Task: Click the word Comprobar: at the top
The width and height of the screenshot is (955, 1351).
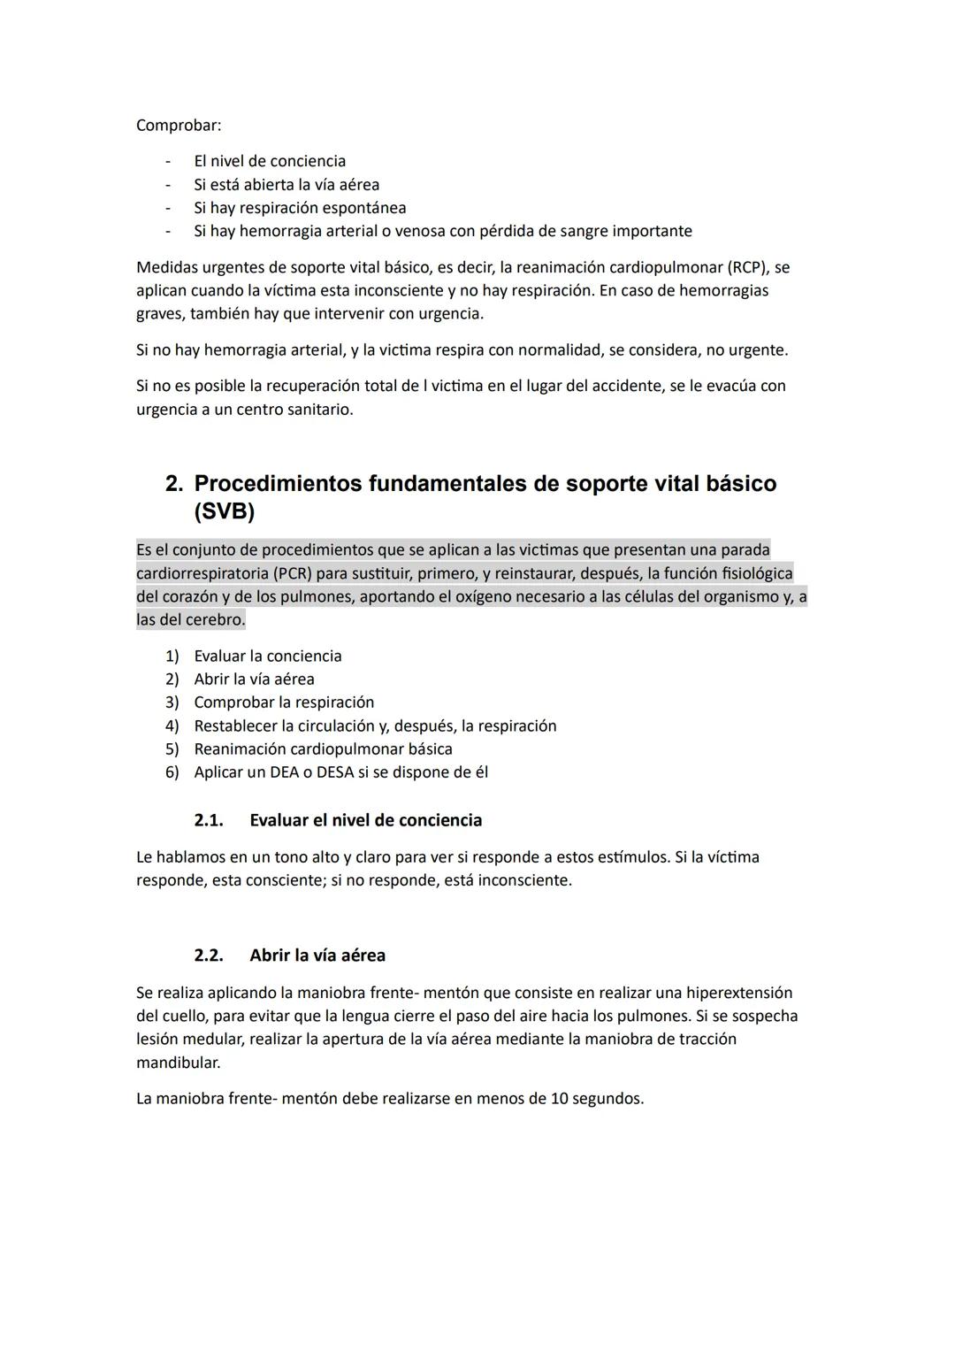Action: click(179, 126)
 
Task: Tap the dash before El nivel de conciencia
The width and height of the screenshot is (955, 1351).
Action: click(167, 161)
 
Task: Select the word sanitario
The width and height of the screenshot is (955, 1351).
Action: click(315, 410)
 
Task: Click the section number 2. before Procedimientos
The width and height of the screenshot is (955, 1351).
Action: click(175, 484)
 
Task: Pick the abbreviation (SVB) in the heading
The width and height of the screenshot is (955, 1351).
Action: click(224, 511)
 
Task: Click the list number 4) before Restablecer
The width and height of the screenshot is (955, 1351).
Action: click(172, 725)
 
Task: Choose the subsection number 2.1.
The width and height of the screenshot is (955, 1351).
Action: click(209, 820)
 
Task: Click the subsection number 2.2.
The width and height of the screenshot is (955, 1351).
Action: click(209, 956)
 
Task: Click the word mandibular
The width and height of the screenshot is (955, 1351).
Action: click(178, 1062)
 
